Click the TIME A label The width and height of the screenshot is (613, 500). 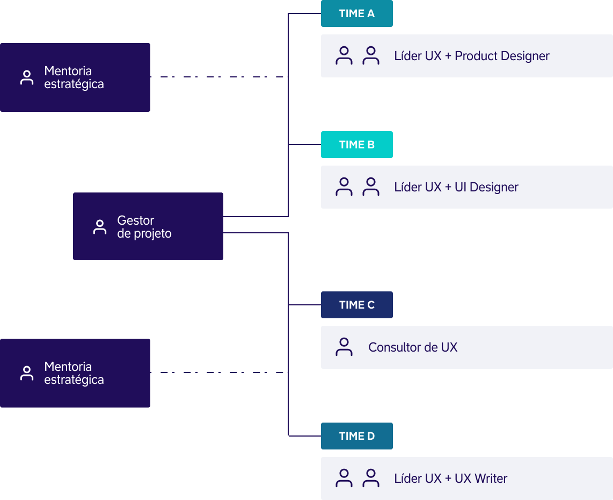pyautogui.click(x=356, y=13)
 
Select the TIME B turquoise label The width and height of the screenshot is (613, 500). pyautogui.click(x=356, y=145)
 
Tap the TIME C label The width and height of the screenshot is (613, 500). pyautogui.click(x=356, y=305)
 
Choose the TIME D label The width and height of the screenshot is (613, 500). pyautogui.click(x=356, y=436)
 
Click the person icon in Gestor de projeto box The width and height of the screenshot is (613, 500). pyautogui.click(x=99, y=227)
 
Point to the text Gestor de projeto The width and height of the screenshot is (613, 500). pyautogui.click(x=144, y=227)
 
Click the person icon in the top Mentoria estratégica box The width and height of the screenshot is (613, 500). pyautogui.click(x=26, y=77)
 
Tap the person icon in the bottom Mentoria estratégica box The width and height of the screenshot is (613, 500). pyautogui.click(x=26, y=373)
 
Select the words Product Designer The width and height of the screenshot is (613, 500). pyautogui.click(x=502, y=56)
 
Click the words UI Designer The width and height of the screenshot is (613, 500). pyautogui.click(x=486, y=187)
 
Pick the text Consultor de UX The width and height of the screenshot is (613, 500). pyautogui.click(x=413, y=347)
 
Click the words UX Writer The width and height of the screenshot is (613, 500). pyautogui.click(x=480, y=478)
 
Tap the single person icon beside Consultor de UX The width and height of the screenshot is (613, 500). pyautogui.click(x=344, y=347)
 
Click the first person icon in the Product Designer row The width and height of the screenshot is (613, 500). pyautogui.click(x=344, y=56)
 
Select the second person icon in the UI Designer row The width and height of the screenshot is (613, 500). pyautogui.click(x=371, y=187)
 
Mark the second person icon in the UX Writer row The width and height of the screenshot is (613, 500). pyautogui.click(x=371, y=478)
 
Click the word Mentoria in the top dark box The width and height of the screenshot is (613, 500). pyautogui.click(x=68, y=71)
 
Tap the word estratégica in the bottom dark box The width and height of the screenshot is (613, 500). pyautogui.click(x=74, y=380)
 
